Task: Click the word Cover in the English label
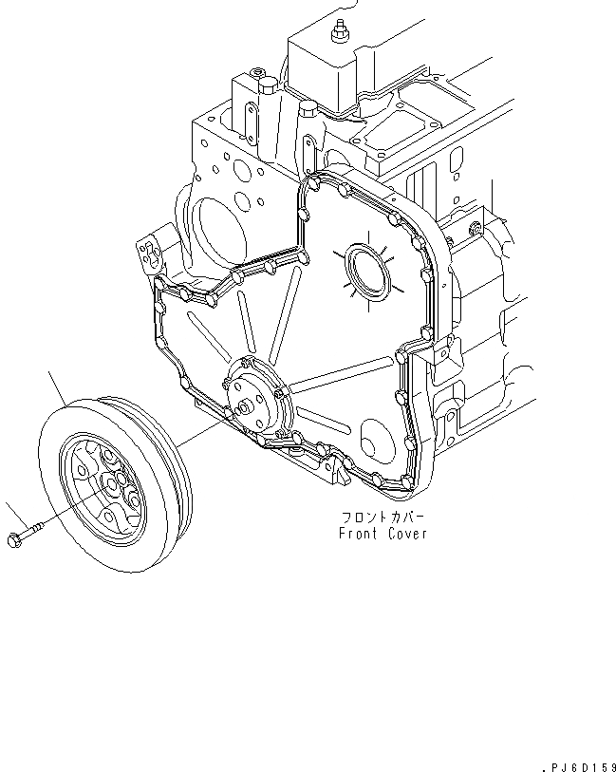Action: point(407,534)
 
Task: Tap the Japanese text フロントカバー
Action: point(383,518)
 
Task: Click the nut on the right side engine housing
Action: point(472,227)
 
